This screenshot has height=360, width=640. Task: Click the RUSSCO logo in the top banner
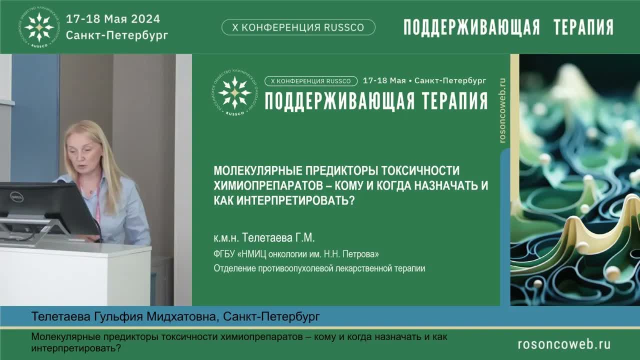pos(39,27)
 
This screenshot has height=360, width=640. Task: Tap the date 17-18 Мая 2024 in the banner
pos(113,19)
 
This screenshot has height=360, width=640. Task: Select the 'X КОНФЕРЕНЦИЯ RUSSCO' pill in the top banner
pos(298,27)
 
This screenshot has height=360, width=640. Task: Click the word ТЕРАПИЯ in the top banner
pos(583,27)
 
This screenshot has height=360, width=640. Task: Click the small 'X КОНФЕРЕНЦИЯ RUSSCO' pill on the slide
pos(311,81)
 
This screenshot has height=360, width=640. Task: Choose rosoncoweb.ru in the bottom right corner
pos(564,344)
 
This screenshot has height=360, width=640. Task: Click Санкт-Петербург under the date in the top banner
pos(117,35)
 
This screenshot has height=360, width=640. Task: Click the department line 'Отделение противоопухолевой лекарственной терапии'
pos(319,268)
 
